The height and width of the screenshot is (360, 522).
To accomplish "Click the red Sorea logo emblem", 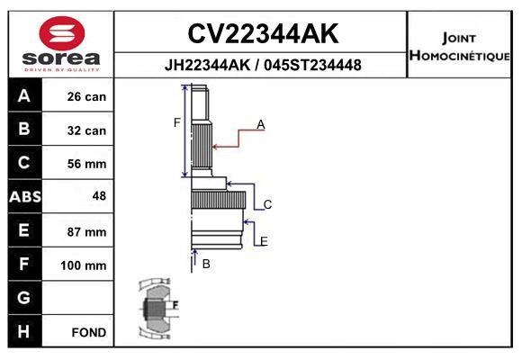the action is pos(62,33).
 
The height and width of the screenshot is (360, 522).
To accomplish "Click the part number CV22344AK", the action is pos(263,33).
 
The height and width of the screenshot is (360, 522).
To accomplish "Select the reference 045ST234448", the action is pos(312,65).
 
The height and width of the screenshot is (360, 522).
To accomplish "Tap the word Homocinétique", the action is pos(460,56).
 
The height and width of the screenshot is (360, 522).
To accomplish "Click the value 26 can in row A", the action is pos(86,96).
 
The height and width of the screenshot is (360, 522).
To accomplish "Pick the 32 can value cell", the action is pos(86,130).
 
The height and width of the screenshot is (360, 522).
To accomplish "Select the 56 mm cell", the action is pos(86,164).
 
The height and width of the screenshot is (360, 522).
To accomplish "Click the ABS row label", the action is pos(25,197).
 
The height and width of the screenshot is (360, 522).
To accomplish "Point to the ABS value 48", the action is pos(99,196).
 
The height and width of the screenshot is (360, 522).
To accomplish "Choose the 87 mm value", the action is pos(86,232).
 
